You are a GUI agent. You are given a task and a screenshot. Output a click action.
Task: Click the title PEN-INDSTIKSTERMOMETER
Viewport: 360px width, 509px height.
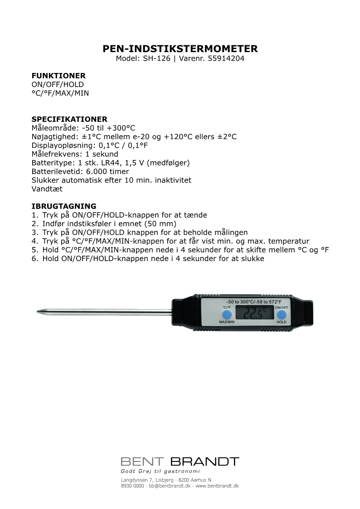click(x=180, y=49)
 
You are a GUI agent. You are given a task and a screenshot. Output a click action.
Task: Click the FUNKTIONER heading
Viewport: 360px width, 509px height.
click(x=58, y=76)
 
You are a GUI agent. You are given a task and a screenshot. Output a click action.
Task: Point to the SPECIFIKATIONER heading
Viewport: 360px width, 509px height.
click(x=69, y=119)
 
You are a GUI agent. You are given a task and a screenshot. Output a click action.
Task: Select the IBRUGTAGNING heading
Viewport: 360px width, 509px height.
click(x=63, y=206)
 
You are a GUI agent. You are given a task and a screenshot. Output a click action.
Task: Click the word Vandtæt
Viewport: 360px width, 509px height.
click(x=47, y=189)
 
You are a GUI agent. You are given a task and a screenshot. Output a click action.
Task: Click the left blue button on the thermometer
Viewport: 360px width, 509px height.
click(x=227, y=314)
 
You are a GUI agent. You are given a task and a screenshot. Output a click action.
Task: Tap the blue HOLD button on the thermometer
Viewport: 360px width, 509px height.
click(x=282, y=315)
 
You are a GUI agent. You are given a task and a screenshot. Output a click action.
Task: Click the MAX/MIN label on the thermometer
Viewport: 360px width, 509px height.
click(x=227, y=322)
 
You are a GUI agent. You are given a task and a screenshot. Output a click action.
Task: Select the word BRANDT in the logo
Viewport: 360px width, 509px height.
click(x=204, y=462)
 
